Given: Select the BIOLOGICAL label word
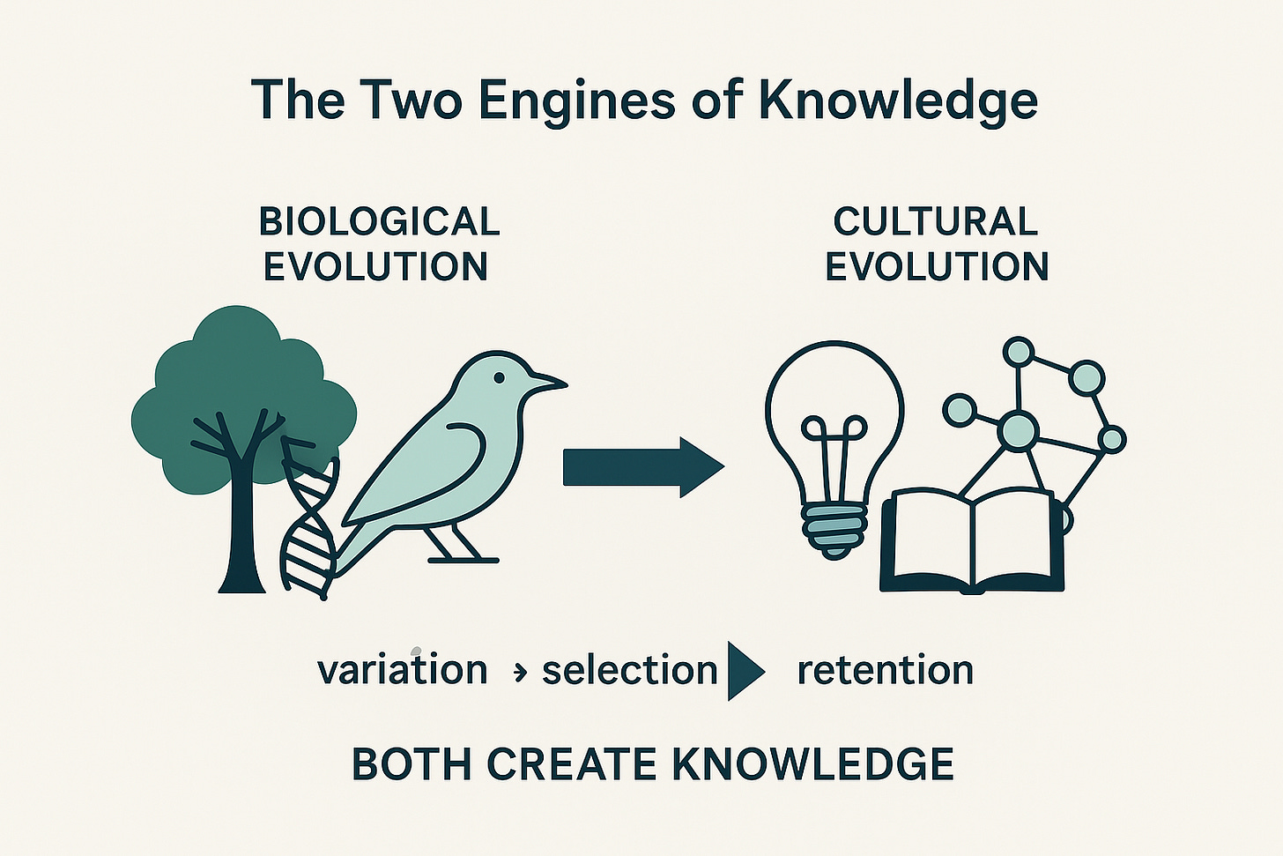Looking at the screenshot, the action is tap(379, 221).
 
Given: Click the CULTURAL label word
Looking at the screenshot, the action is tap(935, 221).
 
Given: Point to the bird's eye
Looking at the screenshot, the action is tap(499, 377).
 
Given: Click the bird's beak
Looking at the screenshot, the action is tap(546, 382).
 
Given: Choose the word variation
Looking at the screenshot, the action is tap(402, 670).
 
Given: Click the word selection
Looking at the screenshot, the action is tap(629, 671).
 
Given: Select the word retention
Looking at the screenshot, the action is tap(885, 670).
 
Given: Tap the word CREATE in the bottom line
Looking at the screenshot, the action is tap(572, 763).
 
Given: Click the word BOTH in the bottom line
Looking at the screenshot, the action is tap(412, 763).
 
